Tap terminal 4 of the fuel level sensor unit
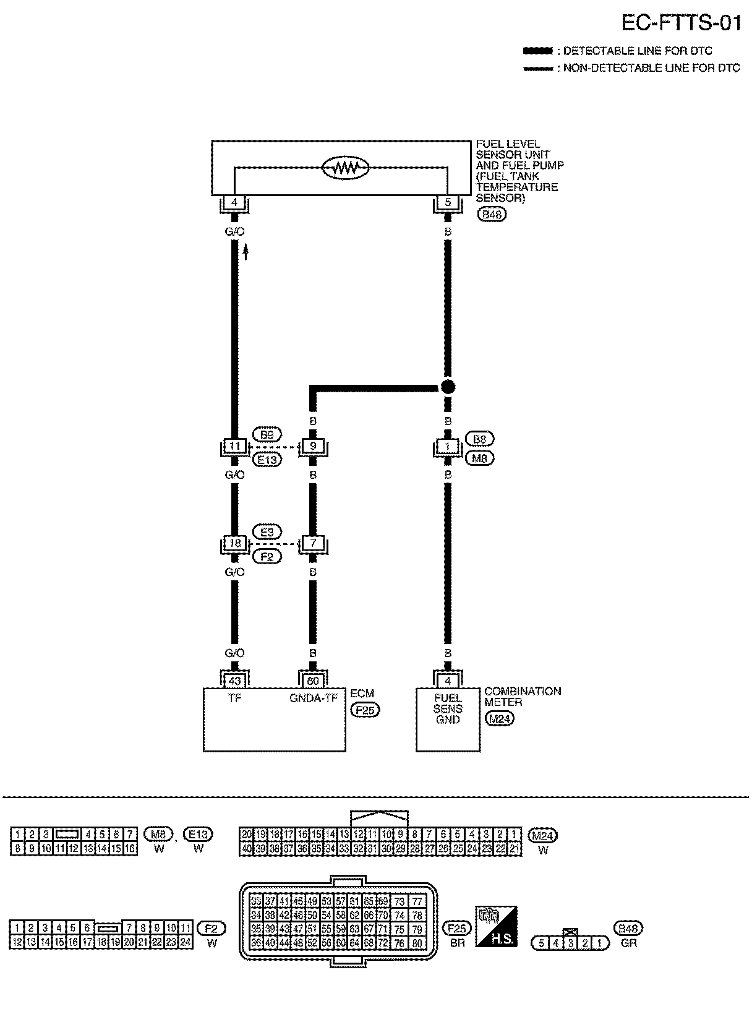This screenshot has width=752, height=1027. (234, 202)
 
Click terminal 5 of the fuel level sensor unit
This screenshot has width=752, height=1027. (448, 202)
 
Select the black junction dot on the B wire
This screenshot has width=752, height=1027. (448, 387)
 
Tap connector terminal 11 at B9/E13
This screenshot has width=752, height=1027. (234, 446)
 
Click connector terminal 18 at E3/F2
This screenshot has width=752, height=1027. (234, 543)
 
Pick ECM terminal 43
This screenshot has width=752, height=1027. (234, 681)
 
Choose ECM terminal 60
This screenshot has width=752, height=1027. (313, 681)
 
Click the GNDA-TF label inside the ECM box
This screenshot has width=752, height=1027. (313, 698)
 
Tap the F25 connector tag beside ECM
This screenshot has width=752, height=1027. (365, 710)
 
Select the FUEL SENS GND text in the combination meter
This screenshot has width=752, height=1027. (448, 709)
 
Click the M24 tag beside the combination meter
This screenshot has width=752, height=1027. (500, 718)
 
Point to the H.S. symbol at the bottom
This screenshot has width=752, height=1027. (496, 926)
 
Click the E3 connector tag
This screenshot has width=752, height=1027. (267, 531)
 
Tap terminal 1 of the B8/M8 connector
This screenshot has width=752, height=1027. (448, 446)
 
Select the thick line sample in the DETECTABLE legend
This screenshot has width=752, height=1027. (538, 51)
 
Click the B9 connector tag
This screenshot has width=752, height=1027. (267, 435)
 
